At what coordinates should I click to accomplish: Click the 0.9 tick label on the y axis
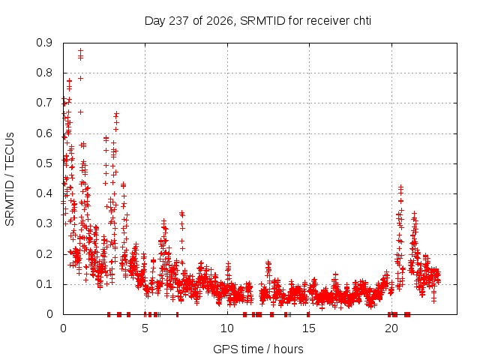(44, 43)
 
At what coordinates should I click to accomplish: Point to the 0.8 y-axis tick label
(44, 73)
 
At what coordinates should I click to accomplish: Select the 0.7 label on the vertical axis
(44, 103)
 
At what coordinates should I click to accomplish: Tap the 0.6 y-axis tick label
(44, 133)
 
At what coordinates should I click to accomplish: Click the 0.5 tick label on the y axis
(44, 163)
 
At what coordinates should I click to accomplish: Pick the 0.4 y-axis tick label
(44, 193)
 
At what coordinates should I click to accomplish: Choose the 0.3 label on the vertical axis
(44, 223)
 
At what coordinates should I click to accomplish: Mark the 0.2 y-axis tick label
(44, 253)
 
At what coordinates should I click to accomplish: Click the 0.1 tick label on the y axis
(44, 284)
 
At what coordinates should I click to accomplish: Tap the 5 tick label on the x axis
(145, 328)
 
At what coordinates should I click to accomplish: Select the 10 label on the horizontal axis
(227, 328)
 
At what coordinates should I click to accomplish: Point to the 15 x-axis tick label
(309, 328)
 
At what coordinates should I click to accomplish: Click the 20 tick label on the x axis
(391, 328)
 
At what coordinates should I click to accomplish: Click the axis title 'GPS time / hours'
(258, 349)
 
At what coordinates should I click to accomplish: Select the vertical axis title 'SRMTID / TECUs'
(10, 179)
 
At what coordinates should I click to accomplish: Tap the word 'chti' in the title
(362, 21)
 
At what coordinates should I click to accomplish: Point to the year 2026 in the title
(220, 21)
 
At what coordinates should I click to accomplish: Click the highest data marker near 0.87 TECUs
(80, 50)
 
